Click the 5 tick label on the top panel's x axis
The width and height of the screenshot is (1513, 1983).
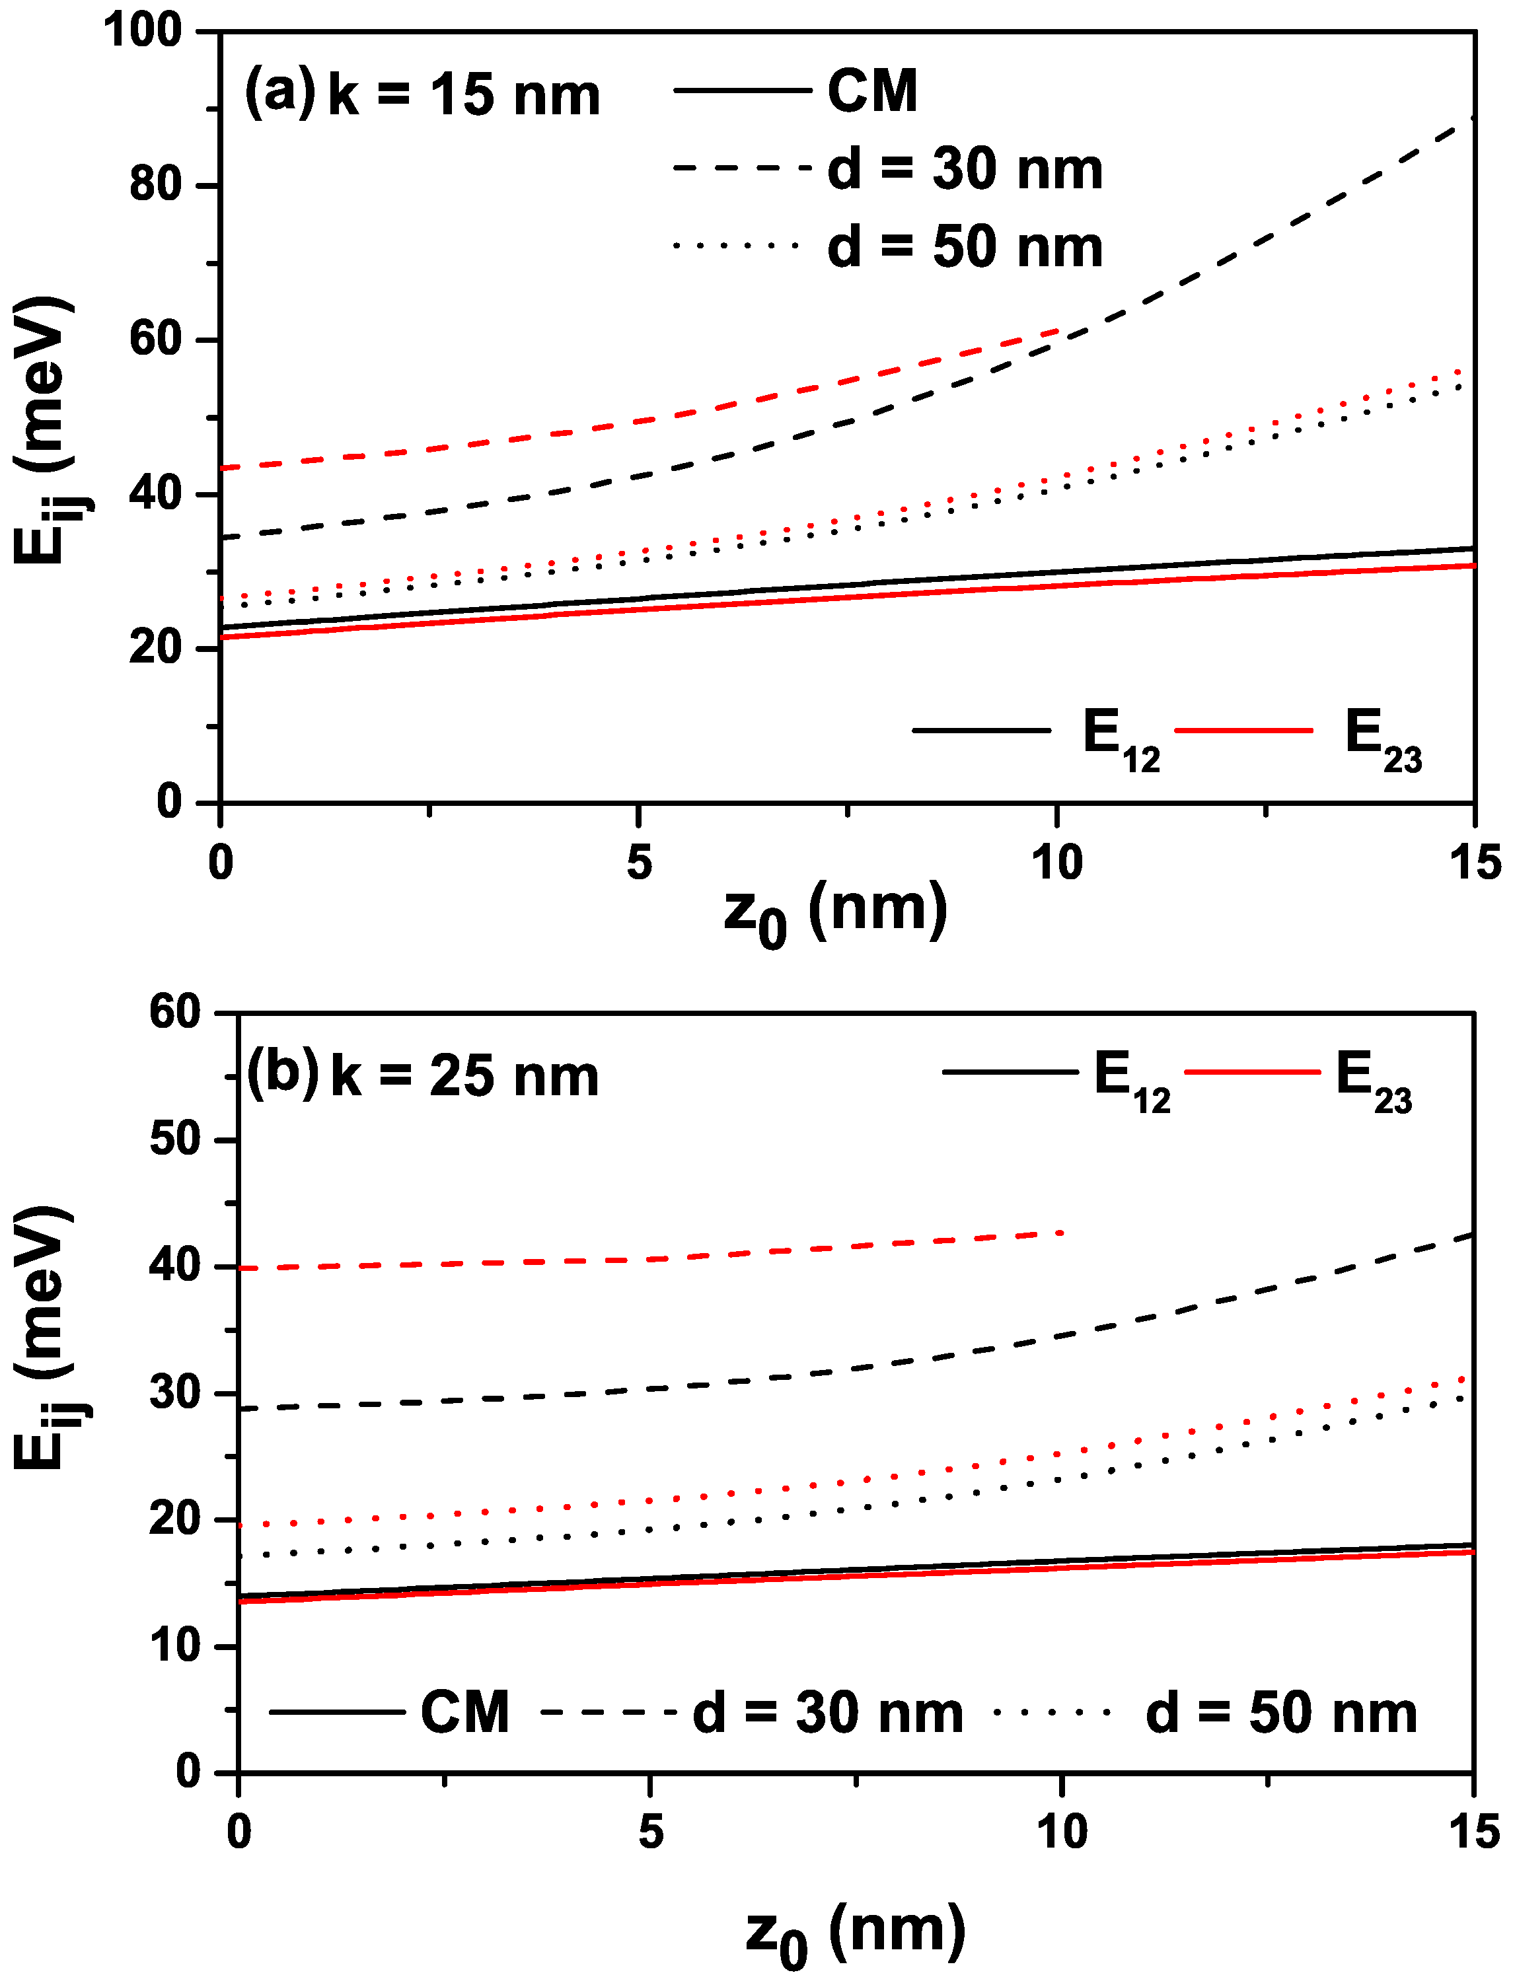[x=638, y=863]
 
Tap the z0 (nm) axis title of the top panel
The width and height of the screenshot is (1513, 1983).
[x=835, y=912]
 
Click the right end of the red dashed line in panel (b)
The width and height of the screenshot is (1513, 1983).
[x=1062, y=1232]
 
